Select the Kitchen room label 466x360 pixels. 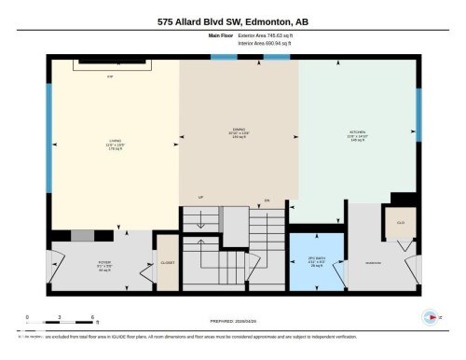click(359, 133)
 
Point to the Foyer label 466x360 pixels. click(104, 265)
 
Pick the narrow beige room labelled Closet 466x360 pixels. click(169, 264)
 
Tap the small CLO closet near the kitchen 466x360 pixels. click(400, 223)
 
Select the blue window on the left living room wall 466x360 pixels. click(48, 137)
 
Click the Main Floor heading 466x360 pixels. click(219, 35)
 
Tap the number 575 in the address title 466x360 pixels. click(168, 19)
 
